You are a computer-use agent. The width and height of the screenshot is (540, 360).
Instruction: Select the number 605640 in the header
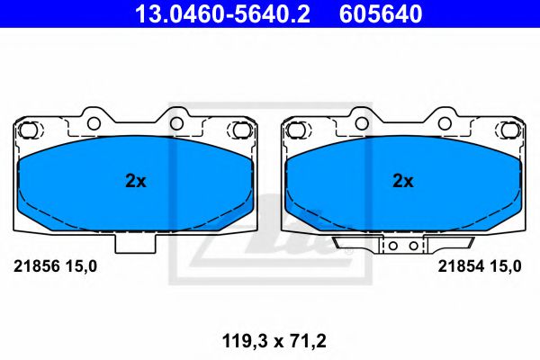(379, 14)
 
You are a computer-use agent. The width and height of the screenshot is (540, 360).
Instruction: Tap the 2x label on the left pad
(135, 181)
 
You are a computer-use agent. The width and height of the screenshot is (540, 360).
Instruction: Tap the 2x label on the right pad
(402, 181)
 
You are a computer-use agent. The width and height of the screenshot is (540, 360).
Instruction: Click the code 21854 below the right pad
(456, 265)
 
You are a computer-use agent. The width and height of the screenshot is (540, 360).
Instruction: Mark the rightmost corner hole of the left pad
(240, 130)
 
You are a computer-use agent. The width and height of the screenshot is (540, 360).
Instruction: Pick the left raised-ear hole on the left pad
(93, 121)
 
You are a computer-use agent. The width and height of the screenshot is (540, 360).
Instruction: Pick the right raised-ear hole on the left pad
(177, 121)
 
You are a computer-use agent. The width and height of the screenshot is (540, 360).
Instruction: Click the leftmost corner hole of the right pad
(295, 130)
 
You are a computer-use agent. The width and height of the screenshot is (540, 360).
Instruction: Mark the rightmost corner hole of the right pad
(507, 130)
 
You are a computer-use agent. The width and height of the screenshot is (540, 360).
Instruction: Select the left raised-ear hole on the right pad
(359, 121)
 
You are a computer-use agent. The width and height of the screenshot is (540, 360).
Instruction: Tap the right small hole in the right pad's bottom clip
(412, 244)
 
